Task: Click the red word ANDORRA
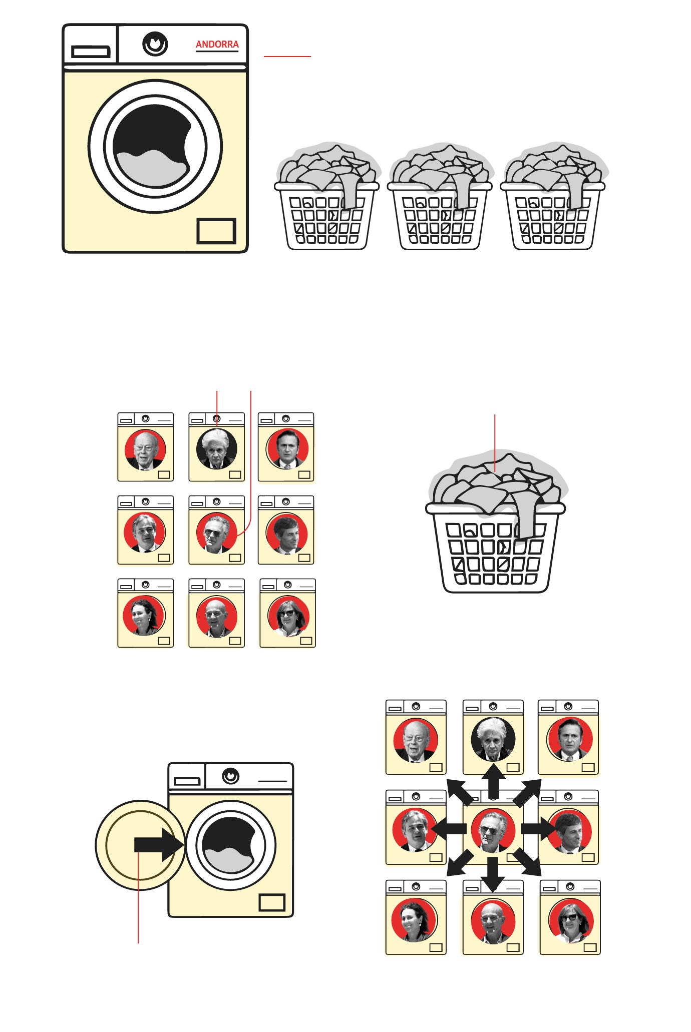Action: pyautogui.click(x=217, y=45)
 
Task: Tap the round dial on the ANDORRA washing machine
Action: pyautogui.click(x=155, y=44)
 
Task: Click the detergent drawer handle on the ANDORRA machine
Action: pyautogui.click(x=91, y=52)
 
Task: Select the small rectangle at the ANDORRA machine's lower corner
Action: pyautogui.click(x=216, y=231)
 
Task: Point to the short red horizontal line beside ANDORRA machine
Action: pyautogui.click(x=287, y=57)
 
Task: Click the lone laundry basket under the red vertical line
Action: pyautogui.click(x=496, y=524)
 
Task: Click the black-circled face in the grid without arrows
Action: pyautogui.click(x=217, y=448)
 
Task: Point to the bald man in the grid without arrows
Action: pyautogui.click(x=216, y=617)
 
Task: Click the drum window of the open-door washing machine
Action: pyautogui.click(x=230, y=845)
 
